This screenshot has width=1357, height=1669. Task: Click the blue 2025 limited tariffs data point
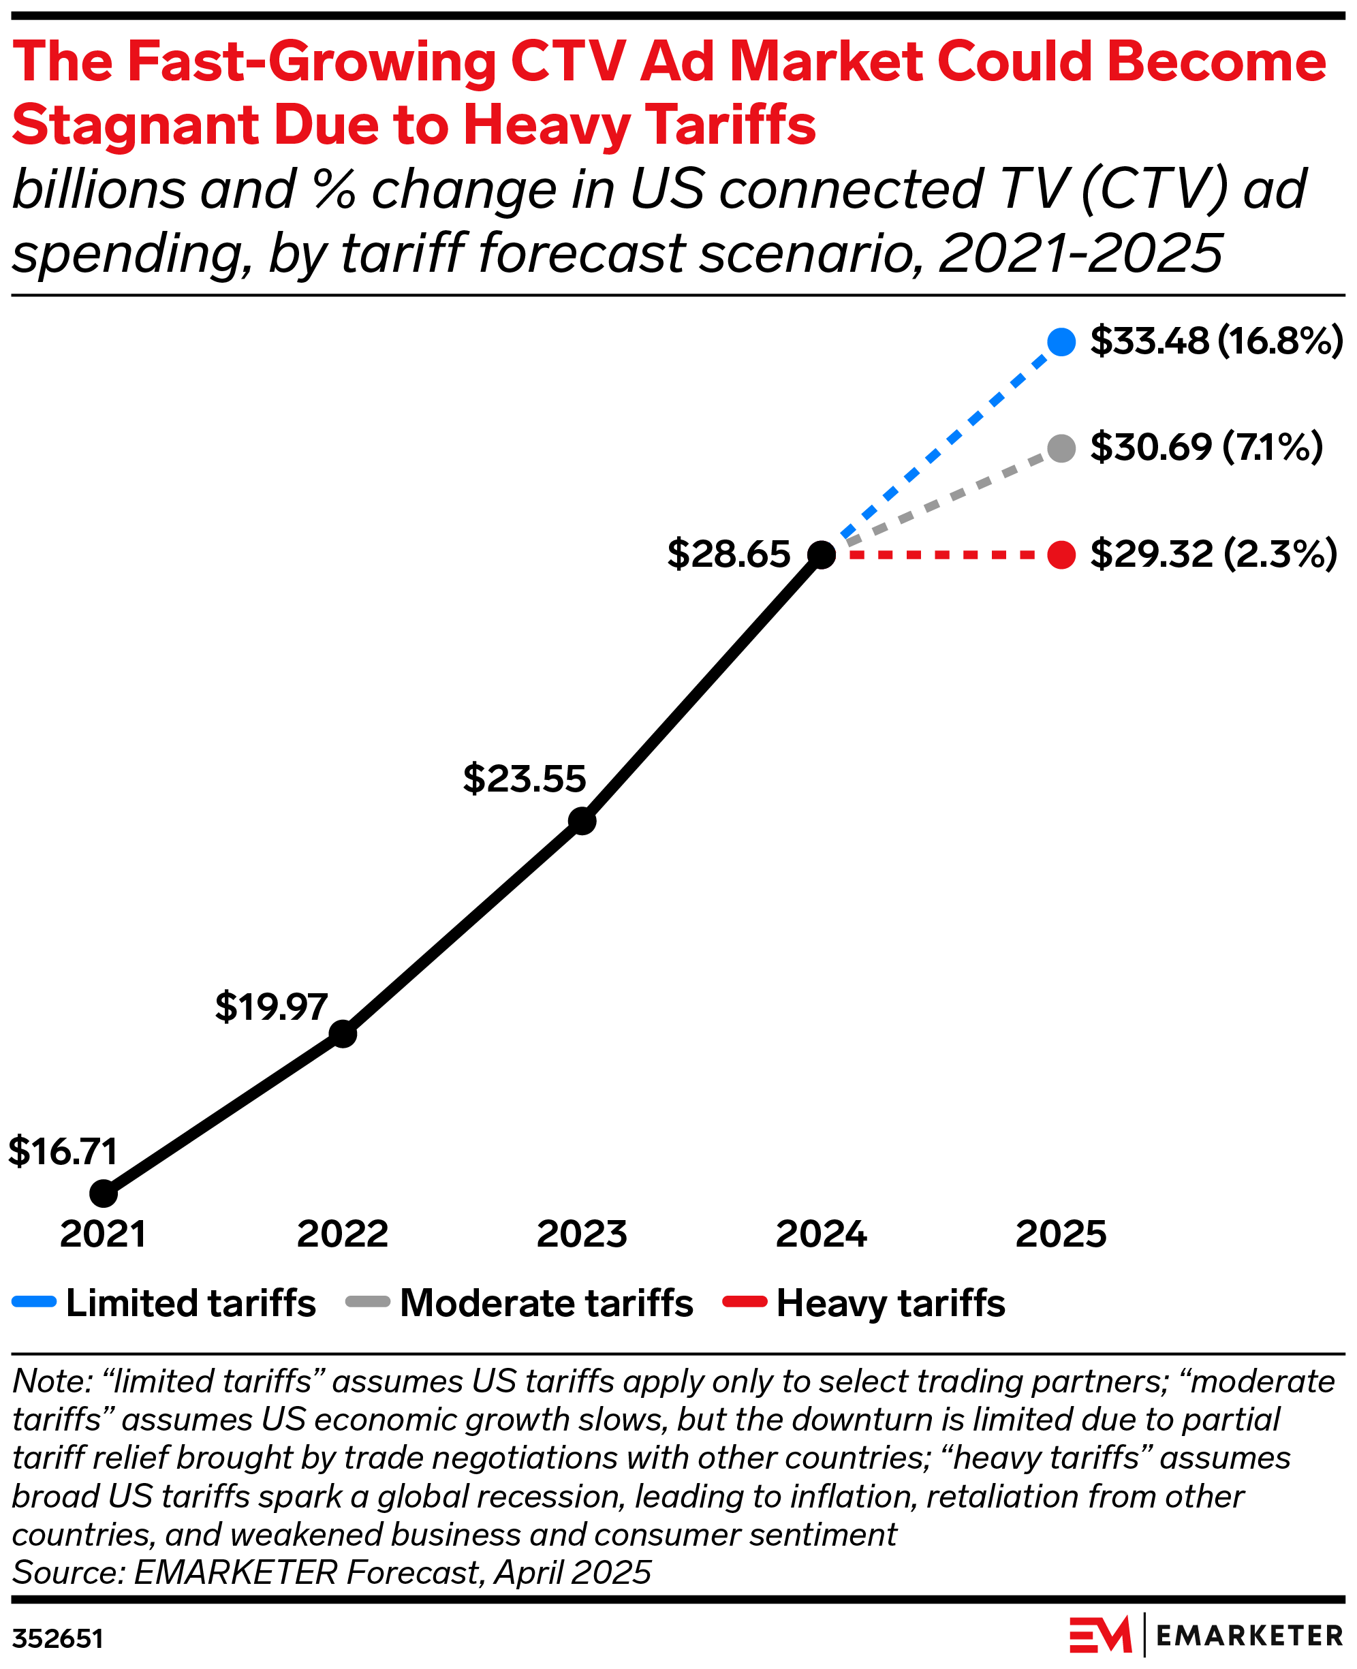tap(1061, 341)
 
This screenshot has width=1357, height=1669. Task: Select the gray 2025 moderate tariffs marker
tap(1061, 449)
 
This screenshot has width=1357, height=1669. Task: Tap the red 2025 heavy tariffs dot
tap(1061, 555)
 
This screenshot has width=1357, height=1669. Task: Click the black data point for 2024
tap(822, 555)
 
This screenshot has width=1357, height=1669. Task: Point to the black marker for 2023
tap(582, 822)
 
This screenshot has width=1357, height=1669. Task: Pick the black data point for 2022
tap(343, 1034)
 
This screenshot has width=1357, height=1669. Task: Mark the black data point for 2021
tap(103, 1194)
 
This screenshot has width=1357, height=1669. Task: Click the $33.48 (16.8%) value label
tap(1216, 341)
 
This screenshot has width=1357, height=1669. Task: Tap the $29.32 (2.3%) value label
tap(1213, 555)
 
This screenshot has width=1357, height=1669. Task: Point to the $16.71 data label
tap(63, 1151)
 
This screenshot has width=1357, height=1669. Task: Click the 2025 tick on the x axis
tap(1061, 1234)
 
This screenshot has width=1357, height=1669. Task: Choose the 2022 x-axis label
tap(343, 1234)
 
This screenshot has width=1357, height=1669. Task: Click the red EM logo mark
tap(1099, 1635)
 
